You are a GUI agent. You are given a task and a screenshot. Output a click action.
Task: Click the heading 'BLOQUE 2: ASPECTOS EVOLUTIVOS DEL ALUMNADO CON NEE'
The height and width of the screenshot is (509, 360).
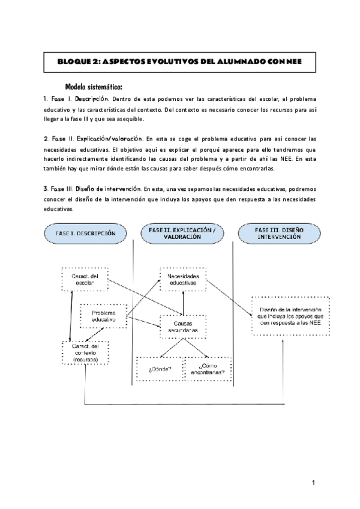tap(180, 61)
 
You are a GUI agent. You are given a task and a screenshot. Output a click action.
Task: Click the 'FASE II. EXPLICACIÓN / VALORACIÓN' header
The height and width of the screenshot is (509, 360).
tap(187, 233)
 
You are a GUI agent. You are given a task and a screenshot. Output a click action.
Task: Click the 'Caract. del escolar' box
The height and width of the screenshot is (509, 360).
tap(86, 279)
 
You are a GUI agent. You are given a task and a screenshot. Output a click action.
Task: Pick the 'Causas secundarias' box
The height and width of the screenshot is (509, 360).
tap(182, 327)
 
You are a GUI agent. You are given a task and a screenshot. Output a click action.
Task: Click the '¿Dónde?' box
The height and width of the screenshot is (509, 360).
tap(158, 368)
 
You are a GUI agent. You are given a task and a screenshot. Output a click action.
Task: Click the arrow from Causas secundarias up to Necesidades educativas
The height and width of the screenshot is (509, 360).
tap(183, 303)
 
